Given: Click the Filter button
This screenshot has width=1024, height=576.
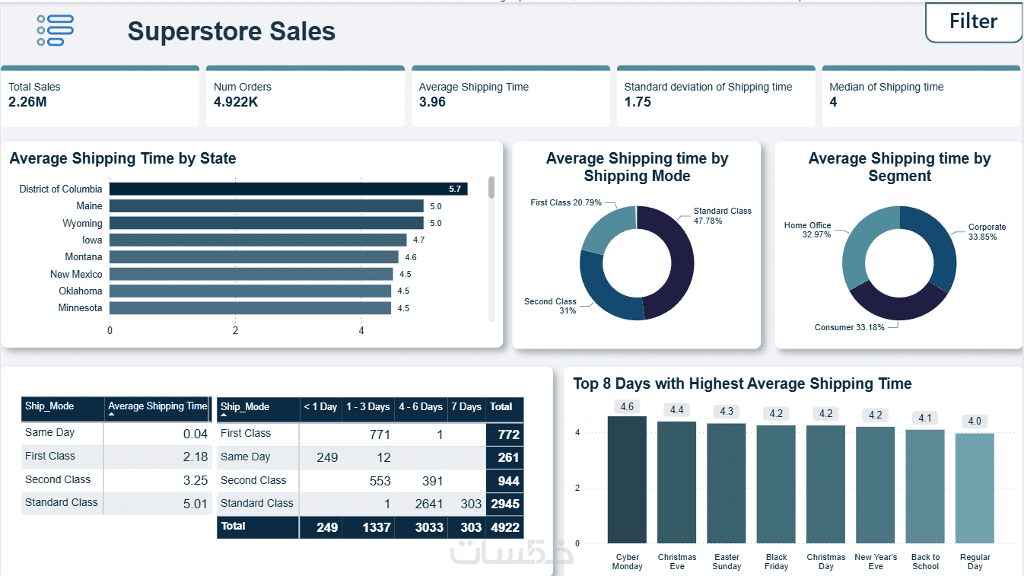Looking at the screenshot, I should coord(973,22).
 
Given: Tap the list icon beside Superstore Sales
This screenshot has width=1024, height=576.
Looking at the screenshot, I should coord(55,30).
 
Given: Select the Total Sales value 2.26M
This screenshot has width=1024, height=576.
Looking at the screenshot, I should coord(27,102).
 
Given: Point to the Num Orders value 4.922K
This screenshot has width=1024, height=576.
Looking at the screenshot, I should coord(236,102).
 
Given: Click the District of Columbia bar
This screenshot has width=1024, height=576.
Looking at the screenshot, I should coord(288,189).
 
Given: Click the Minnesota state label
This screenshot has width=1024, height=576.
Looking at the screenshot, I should coord(80,308).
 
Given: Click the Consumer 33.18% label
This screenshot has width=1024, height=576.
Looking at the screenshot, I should coord(849,327).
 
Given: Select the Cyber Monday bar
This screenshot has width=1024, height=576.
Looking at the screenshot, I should coord(627,479).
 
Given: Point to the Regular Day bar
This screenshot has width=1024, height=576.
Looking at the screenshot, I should coord(975,488).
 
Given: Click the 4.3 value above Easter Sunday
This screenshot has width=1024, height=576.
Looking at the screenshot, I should coord(727,412).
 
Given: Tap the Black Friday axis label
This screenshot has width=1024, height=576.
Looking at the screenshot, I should coord(777,562).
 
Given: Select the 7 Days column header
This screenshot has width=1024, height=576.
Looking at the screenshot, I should coord(466,407).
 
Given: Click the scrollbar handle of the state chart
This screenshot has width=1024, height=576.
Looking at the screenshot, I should coord(491,187).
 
